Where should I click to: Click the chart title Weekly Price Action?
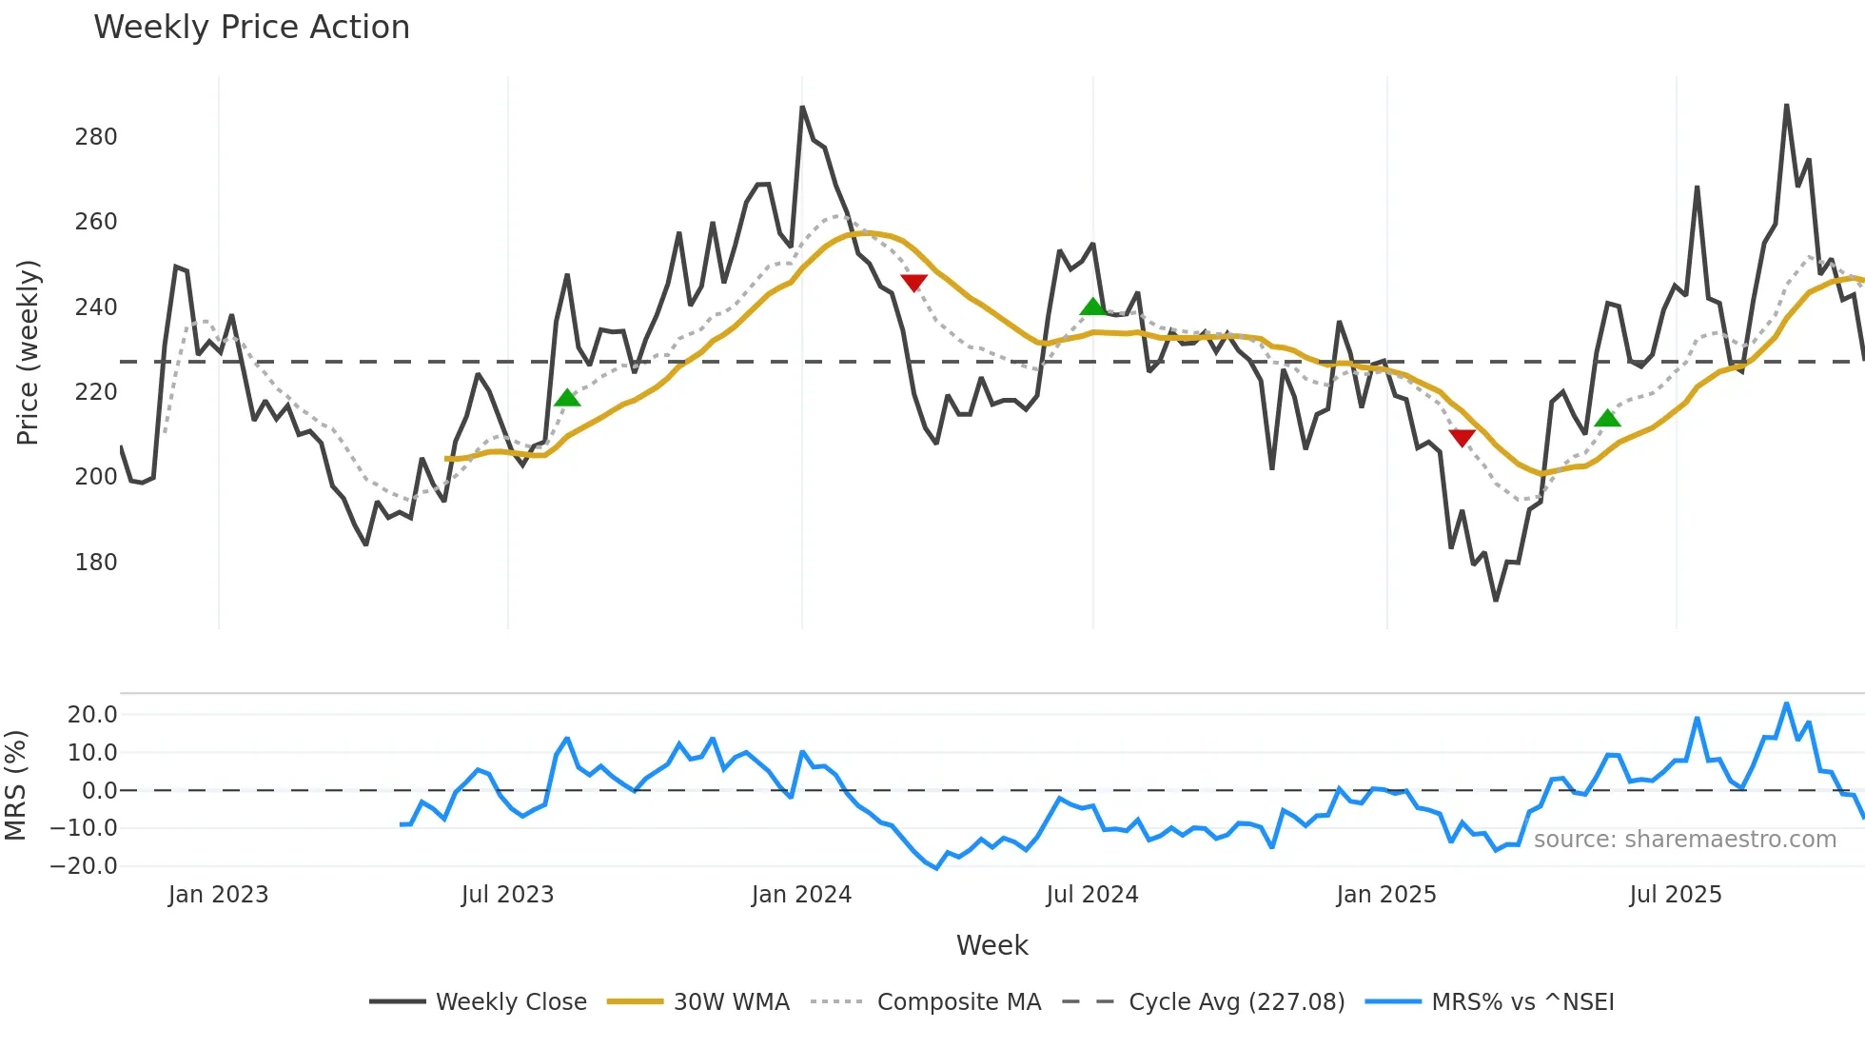coord(251,28)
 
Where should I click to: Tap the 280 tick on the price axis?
coord(96,137)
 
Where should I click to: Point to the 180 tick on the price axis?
coord(96,563)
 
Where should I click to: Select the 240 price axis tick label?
coord(96,307)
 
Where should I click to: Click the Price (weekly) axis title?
coord(29,352)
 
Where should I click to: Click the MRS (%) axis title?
coord(15,785)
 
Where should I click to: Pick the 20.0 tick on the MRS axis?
coord(92,715)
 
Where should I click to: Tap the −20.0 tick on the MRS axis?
coord(85,866)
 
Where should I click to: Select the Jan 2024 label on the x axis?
coord(801,895)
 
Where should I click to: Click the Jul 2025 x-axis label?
coord(1676,895)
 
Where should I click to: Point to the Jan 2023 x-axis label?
coord(218,895)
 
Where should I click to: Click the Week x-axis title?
coord(991,945)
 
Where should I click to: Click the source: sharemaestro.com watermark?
coord(1684,840)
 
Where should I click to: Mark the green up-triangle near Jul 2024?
coord(1093,307)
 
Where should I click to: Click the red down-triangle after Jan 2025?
coord(1462,438)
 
